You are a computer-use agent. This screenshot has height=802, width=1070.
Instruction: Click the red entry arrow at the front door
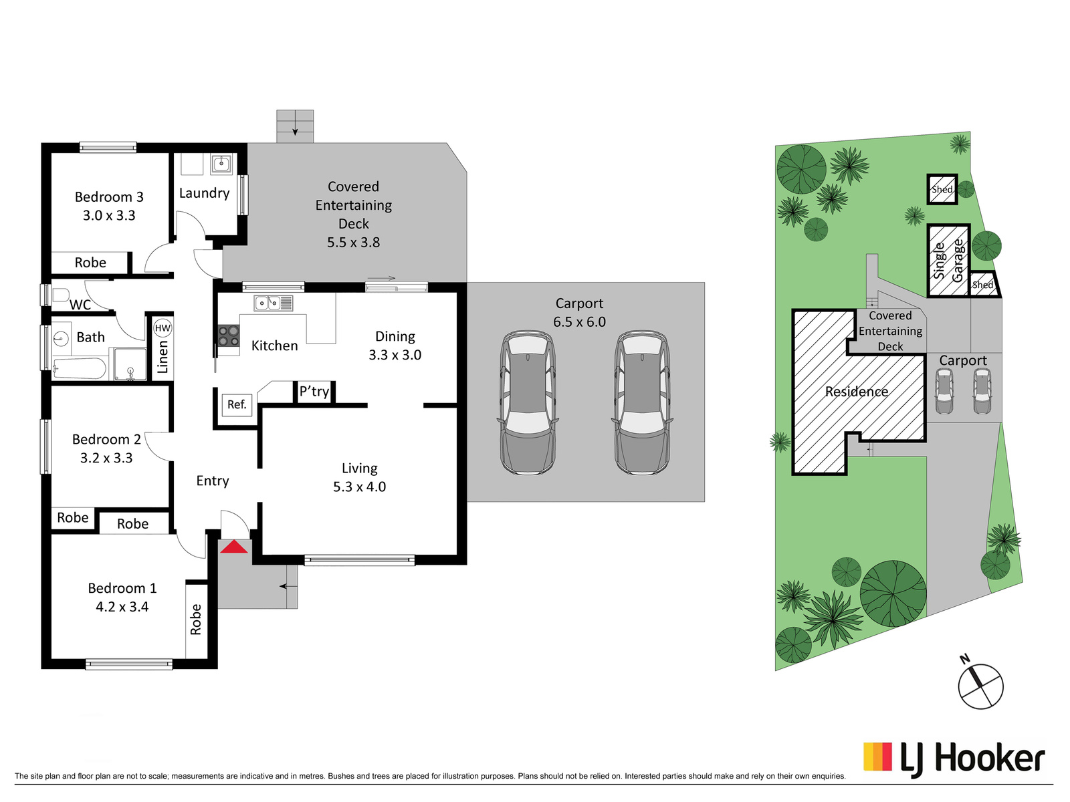coord(234,547)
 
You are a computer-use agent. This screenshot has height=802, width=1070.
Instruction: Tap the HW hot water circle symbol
coord(163,327)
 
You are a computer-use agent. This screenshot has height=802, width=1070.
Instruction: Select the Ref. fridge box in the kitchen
coord(237,404)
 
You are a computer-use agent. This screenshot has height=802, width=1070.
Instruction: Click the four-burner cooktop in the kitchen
coord(229,336)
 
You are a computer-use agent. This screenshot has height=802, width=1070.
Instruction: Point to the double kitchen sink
coord(274,303)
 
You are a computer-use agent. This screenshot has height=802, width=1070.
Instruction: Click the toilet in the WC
coord(60,295)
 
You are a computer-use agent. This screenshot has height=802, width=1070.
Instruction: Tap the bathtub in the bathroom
coord(79,369)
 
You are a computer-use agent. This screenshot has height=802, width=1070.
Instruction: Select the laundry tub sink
coord(222,164)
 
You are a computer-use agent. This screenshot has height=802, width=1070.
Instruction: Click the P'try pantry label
coord(314,392)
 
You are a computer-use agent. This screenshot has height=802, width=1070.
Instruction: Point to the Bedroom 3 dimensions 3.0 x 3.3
coord(109,215)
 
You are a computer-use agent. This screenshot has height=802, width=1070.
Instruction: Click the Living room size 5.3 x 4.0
coord(359,487)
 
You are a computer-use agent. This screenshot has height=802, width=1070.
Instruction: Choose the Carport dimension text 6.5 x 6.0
coord(579,322)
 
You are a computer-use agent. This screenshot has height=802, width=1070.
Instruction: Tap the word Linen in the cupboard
coord(163,357)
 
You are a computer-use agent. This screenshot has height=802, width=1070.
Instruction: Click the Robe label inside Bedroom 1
coord(195,620)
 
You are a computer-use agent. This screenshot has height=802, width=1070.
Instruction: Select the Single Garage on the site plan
coord(948,261)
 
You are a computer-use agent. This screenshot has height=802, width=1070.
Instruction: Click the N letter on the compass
coord(964,660)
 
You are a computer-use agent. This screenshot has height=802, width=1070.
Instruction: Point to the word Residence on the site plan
coord(857,392)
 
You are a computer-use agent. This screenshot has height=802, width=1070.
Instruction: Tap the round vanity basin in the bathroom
coord(60,337)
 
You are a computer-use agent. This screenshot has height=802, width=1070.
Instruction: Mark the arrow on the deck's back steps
coord(295,130)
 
